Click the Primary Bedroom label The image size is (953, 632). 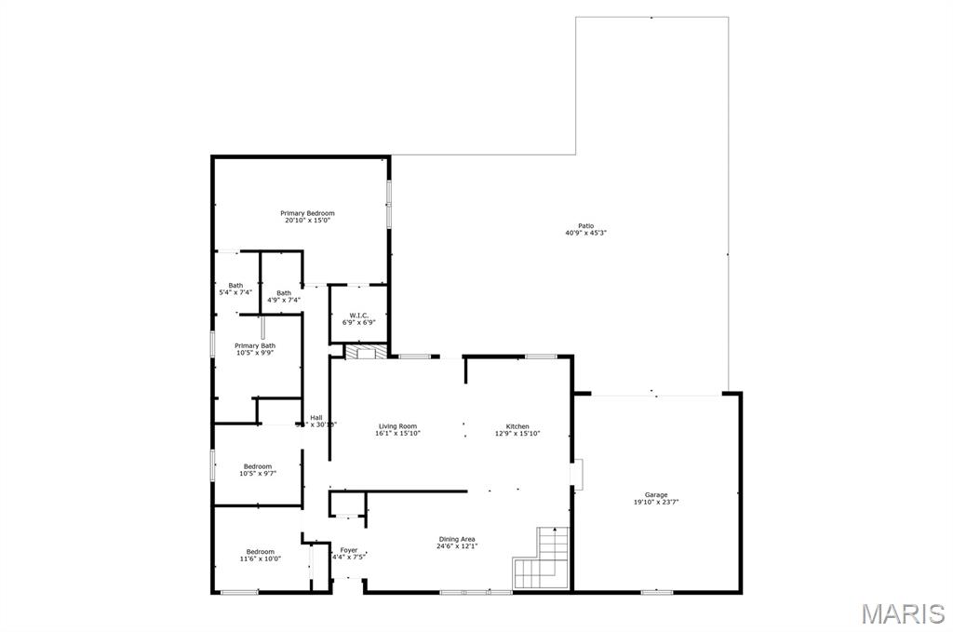coord(307,213)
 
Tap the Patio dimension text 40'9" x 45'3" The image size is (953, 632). coord(585,233)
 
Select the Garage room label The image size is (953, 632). coord(656,494)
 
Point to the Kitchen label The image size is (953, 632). coord(517,426)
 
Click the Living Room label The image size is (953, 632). coord(397,426)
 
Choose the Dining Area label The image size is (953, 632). coord(457,539)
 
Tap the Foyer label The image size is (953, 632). coord(349,550)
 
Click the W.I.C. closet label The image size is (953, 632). coord(358,316)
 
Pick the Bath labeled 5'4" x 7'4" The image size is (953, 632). coord(235,286)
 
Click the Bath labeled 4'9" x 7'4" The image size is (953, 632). coord(283,293)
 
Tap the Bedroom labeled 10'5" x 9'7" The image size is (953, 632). coord(258,466)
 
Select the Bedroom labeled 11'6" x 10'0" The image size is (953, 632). coord(260,551)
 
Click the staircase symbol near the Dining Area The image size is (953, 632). coord(542,558)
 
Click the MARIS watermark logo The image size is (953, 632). coord(902,613)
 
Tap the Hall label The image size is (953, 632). coord(316,417)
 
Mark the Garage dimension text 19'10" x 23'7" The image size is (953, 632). coord(656,503)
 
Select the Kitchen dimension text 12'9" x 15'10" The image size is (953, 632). coord(517,434)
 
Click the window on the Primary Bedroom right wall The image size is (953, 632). coord(389,202)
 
